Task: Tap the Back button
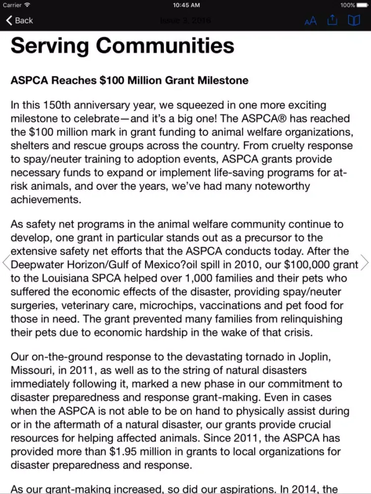[19, 20]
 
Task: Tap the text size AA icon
[311, 21]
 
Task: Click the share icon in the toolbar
[332, 20]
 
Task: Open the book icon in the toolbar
[354, 20]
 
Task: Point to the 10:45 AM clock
[186, 5]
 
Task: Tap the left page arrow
[6, 262]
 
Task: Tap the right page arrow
[365, 262]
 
